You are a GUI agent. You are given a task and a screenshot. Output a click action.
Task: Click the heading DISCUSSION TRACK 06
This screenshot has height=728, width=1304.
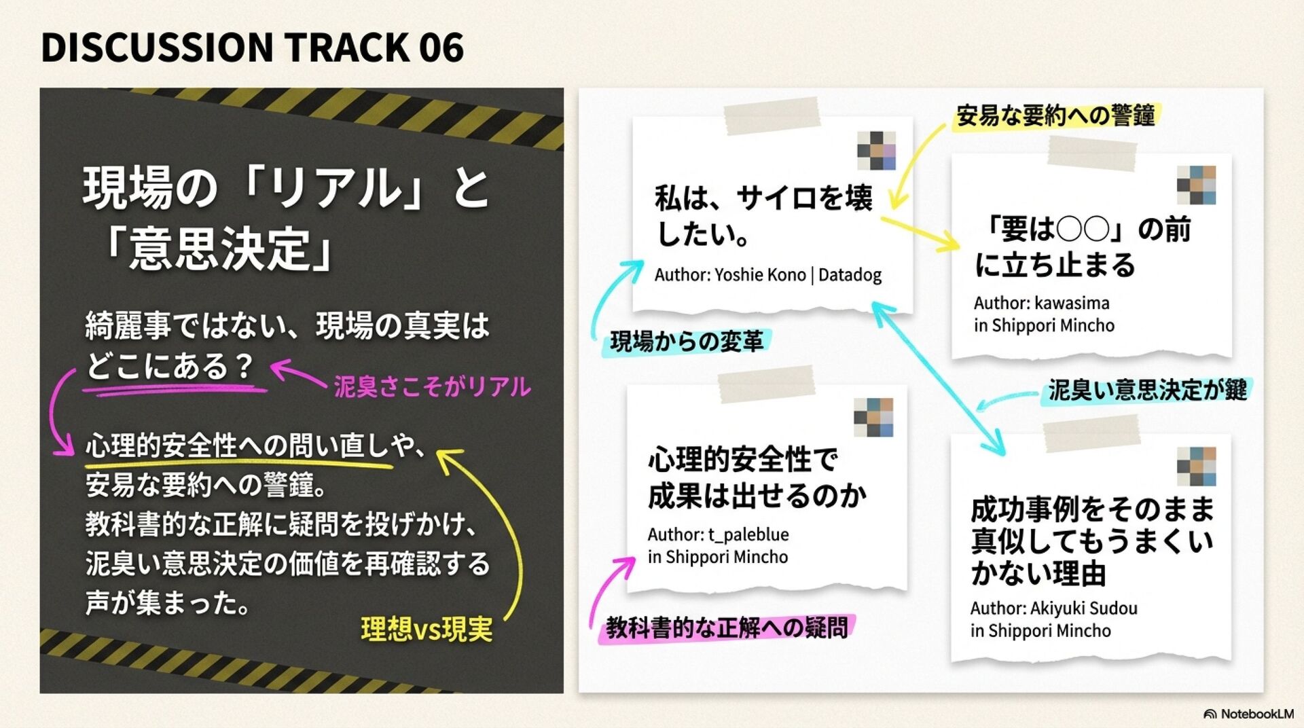click(x=252, y=48)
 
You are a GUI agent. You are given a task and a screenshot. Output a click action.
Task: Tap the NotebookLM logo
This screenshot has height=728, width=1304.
click(x=1248, y=714)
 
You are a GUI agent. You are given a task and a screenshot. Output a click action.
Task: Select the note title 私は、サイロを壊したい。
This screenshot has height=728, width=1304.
click(x=763, y=215)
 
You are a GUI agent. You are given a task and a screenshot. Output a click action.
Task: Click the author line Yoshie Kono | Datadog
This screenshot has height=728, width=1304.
click(x=767, y=275)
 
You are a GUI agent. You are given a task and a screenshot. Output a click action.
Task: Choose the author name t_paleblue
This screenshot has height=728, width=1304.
click(x=748, y=534)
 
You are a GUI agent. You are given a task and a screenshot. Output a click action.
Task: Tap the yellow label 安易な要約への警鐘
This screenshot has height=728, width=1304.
click(x=1055, y=116)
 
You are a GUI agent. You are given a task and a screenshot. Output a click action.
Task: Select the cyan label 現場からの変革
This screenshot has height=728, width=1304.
click(x=687, y=341)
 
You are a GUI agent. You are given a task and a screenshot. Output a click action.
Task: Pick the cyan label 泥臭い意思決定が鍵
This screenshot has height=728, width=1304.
click(x=1147, y=390)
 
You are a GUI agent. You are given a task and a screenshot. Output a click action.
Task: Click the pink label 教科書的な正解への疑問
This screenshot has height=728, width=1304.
click(x=727, y=627)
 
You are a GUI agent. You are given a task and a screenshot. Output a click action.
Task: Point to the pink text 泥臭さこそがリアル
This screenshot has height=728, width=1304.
click(x=432, y=387)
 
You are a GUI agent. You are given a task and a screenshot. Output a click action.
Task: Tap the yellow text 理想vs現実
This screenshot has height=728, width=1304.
click(x=427, y=630)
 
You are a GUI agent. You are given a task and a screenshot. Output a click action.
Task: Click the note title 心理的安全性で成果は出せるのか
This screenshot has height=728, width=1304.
click(x=757, y=478)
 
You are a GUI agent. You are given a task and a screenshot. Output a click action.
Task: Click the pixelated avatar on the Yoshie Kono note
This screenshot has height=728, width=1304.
click(x=876, y=151)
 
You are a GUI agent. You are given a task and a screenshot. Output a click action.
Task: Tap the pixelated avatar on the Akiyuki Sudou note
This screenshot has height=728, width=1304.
click(x=1196, y=467)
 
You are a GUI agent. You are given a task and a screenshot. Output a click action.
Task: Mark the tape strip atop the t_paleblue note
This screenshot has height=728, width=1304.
click(x=766, y=384)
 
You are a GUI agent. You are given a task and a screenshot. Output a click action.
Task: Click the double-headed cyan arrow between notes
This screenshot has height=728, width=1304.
click(x=939, y=379)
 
